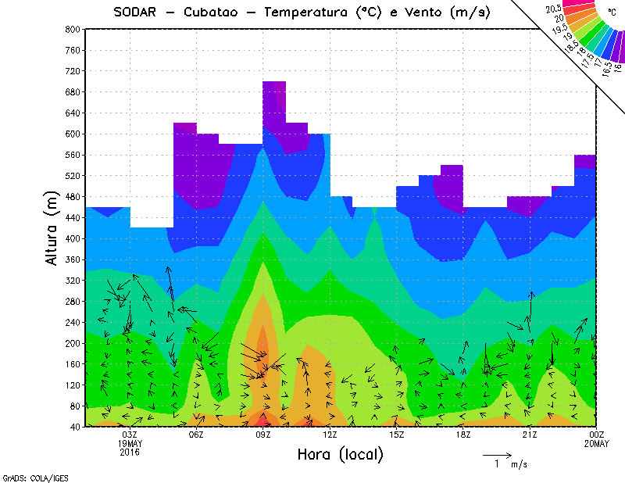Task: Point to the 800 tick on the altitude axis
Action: (x=72, y=29)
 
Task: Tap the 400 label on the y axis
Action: (x=72, y=238)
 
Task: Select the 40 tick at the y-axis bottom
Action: (x=74, y=427)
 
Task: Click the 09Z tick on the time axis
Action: (x=263, y=435)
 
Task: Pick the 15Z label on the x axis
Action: (x=397, y=435)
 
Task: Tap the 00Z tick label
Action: (x=597, y=435)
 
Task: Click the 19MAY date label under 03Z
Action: (x=130, y=444)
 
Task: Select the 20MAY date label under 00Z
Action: (x=597, y=444)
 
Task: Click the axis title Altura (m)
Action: (x=52, y=227)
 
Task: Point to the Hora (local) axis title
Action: (x=339, y=454)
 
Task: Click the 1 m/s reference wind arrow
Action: (x=496, y=454)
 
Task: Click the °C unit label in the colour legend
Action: (x=612, y=13)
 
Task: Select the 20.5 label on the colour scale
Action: (x=554, y=9)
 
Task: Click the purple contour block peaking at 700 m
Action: (x=274, y=98)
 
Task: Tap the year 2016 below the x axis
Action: (x=130, y=453)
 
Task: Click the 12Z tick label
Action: (x=330, y=435)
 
